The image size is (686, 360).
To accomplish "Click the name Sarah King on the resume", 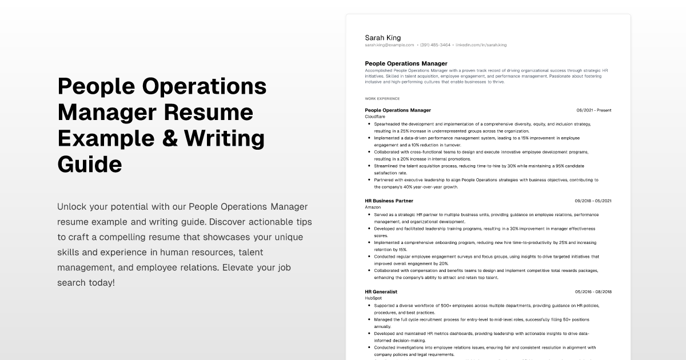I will click(x=382, y=38).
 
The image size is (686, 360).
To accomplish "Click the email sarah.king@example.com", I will click(x=389, y=45).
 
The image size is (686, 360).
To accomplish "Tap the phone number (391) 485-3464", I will click(x=435, y=45).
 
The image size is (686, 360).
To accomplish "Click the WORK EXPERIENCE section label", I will click(x=382, y=98).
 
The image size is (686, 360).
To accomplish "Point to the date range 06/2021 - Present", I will click(x=593, y=110).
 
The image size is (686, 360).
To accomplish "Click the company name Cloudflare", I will click(x=375, y=117).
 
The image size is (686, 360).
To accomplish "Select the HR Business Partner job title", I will click(x=389, y=201).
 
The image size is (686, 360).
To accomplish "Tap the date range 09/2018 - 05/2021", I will click(x=593, y=201).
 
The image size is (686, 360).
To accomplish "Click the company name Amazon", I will click(x=373, y=207).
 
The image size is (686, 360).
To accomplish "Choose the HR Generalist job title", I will click(x=381, y=292).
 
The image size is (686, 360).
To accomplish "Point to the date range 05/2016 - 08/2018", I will click(x=593, y=292).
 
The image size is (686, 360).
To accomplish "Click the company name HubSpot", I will click(x=373, y=298).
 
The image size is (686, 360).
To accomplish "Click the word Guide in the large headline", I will click(x=90, y=164).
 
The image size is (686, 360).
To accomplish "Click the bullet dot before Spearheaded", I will click(x=369, y=123).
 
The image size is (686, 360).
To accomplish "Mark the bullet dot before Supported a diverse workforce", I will click(x=369, y=306).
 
